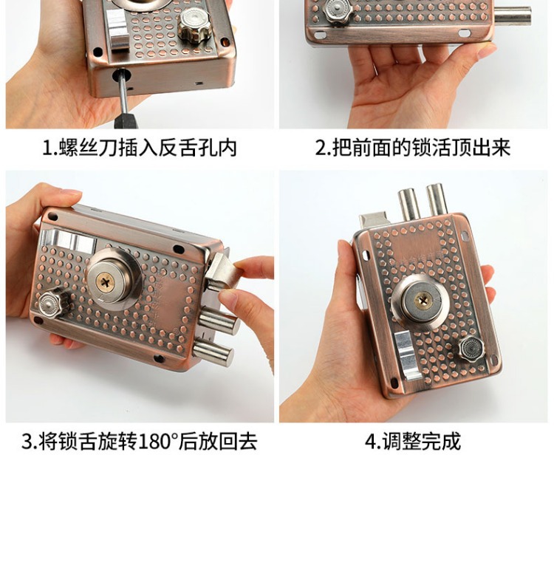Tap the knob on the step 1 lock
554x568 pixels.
click(x=195, y=26)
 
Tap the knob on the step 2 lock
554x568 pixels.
click(x=338, y=11)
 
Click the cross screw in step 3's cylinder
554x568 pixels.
click(x=106, y=281)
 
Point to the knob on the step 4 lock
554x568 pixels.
click(x=471, y=350)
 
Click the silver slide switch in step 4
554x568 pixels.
click(x=407, y=355)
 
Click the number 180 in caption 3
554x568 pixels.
click(x=154, y=442)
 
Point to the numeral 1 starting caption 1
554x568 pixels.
click(x=47, y=148)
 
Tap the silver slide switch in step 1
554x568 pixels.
click(x=117, y=30)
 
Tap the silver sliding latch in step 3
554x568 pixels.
click(x=68, y=240)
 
